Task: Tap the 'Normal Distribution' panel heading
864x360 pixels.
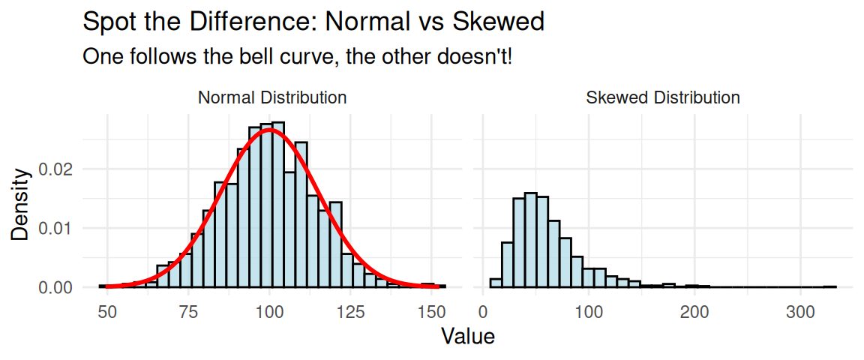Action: tap(271, 97)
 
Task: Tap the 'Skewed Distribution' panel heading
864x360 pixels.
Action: tap(662, 97)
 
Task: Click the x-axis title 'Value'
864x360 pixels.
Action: tap(468, 336)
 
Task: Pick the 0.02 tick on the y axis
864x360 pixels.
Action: tap(57, 169)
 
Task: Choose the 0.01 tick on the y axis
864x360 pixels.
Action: tap(57, 228)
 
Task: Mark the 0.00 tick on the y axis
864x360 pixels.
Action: tap(57, 287)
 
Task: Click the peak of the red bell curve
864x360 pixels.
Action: tap(270, 130)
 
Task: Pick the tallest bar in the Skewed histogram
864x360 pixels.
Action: tap(529, 240)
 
